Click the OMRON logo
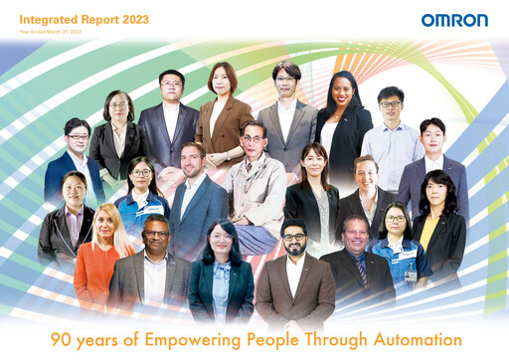click(454, 21)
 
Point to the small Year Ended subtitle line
click(49, 32)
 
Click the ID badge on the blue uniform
click(411, 273)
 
